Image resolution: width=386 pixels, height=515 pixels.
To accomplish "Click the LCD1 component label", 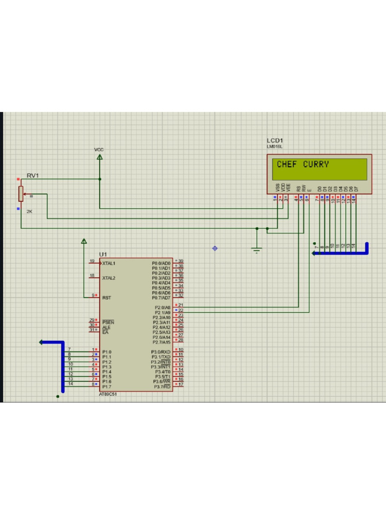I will click(275, 140).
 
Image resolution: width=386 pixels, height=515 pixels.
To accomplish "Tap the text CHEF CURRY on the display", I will click(303, 164).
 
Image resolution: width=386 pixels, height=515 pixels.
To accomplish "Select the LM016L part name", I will click(274, 146).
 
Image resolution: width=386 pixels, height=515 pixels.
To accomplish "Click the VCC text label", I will click(99, 150).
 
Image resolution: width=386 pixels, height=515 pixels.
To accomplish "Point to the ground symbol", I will click(257, 249).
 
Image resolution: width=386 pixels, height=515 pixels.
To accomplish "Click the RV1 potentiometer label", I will click(33, 176).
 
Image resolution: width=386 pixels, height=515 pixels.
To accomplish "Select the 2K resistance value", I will click(29, 212).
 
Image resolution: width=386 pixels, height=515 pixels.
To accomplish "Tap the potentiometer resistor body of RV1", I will click(21, 193).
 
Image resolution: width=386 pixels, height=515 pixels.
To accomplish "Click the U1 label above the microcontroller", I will click(103, 254).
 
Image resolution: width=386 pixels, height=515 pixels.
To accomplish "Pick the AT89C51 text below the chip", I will click(108, 394).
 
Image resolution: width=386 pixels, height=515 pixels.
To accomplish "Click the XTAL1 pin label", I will click(109, 263).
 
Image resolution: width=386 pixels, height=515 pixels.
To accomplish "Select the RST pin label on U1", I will click(107, 298).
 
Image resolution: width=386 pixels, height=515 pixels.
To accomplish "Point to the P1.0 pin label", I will click(107, 352).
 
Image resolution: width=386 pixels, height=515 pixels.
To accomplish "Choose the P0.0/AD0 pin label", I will click(161, 263).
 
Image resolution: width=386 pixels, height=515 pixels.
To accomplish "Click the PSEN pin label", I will click(108, 322).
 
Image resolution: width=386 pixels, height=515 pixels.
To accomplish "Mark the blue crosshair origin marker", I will click(215, 248).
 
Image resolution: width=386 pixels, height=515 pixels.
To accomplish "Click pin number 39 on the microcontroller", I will click(181, 261).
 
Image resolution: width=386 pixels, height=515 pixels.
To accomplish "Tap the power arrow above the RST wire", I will click(84, 241).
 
